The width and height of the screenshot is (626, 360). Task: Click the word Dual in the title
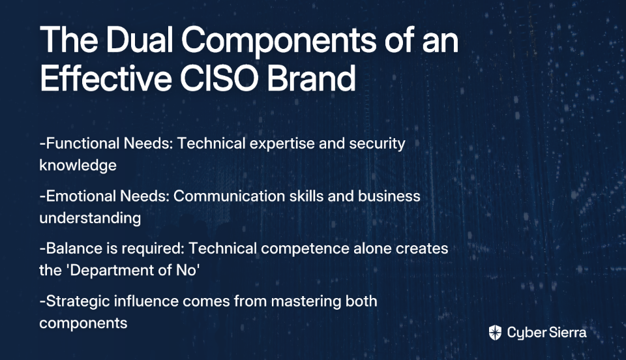pyautogui.click(x=140, y=40)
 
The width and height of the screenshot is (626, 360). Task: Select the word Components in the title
pyautogui.click(x=279, y=42)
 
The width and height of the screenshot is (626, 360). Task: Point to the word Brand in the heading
pyautogui.click(x=312, y=78)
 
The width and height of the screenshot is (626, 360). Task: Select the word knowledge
pyautogui.click(x=78, y=166)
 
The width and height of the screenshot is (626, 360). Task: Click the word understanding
pyautogui.click(x=90, y=218)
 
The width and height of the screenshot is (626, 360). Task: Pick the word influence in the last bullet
pyautogui.click(x=146, y=301)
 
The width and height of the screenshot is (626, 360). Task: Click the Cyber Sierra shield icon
pyautogui.click(x=495, y=333)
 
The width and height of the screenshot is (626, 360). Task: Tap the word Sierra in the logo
pyautogui.click(x=567, y=332)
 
